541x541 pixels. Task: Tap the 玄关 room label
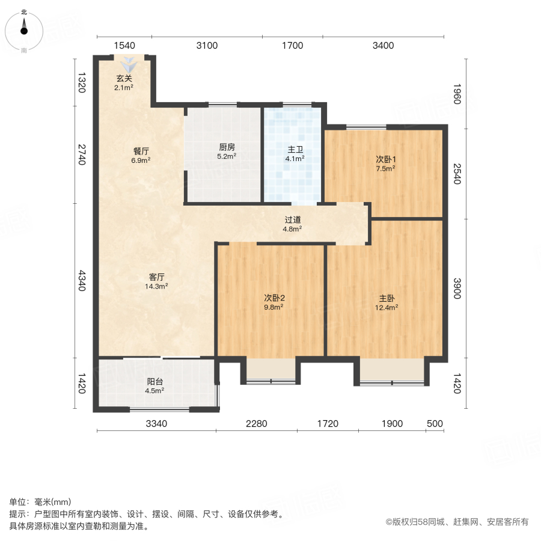click(124, 78)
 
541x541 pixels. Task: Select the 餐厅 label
click(141, 152)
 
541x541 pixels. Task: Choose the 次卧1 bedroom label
click(385, 160)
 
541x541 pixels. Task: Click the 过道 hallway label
click(293, 220)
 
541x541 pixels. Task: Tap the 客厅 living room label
click(156, 277)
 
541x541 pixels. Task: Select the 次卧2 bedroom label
click(274, 298)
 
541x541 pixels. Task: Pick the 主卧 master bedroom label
click(387, 298)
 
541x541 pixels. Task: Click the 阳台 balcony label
click(155, 382)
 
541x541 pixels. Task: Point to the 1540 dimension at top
click(124, 46)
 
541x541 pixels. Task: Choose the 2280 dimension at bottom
click(256, 424)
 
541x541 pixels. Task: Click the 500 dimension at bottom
click(435, 424)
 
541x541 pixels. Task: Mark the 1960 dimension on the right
click(457, 96)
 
